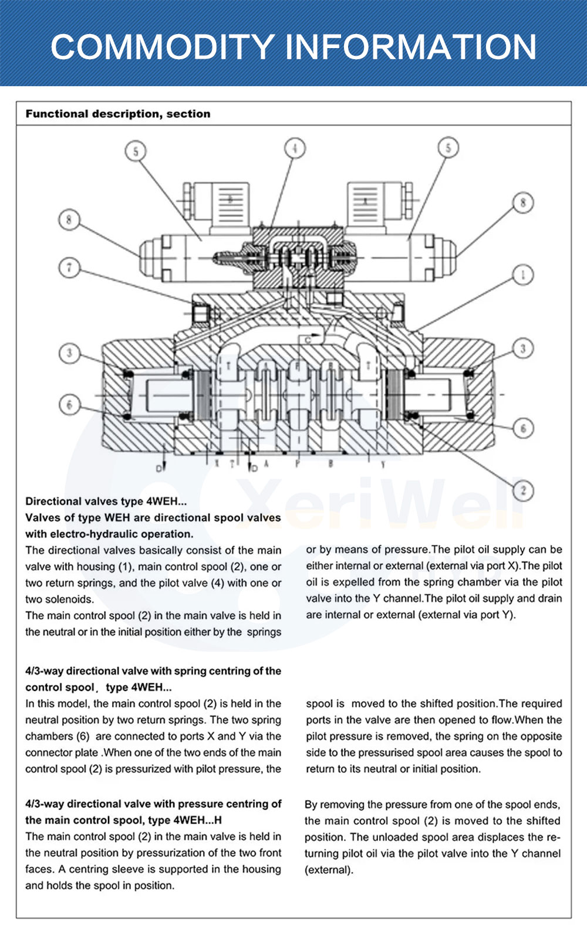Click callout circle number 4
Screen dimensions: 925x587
[295, 148]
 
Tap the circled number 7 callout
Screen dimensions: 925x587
[69, 267]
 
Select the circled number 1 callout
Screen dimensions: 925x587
[523, 274]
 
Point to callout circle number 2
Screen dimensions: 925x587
[523, 490]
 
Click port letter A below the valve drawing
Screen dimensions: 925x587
[266, 464]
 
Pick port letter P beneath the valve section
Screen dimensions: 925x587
[298, 464]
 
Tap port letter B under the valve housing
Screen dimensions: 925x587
[330, 464]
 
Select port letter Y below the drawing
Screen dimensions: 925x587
[383, 465]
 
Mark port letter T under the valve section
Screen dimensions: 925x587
[232, 464]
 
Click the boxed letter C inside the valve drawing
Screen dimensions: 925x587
[308, 340]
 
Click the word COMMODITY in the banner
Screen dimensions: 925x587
[162, 47]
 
